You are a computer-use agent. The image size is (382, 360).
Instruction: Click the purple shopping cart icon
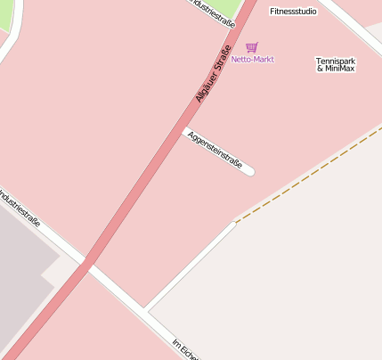tap(252, 47)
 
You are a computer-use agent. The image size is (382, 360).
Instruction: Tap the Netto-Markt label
tap(252, 60)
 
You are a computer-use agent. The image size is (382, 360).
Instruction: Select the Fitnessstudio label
tap(293, 12)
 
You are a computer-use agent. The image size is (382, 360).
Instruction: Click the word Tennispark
tap(335, 61)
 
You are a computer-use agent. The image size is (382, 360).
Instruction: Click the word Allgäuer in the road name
tap(205, 89)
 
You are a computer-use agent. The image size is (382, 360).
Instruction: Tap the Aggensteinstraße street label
tap(215, 150)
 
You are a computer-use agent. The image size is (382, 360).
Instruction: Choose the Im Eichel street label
tap(184, 349)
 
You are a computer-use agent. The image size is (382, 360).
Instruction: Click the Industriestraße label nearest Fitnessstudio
tap(214, 11)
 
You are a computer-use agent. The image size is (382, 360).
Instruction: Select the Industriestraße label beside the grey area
tap(20, 209)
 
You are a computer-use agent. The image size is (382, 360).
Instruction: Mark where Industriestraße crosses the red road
tap(86, 264)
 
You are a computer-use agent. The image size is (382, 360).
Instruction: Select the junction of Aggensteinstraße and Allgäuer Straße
tap(184, 131)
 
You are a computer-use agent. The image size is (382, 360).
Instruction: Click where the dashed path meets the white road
tap(235, 222)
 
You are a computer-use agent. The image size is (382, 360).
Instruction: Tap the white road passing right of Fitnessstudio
tap(352, 27)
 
